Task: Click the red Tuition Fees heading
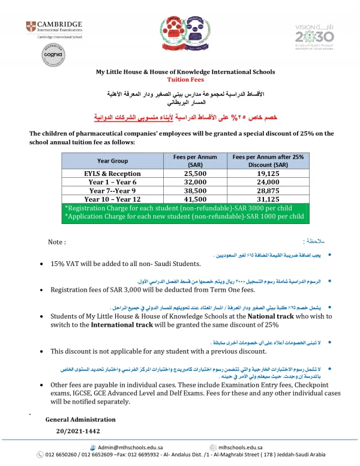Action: coord(185,79)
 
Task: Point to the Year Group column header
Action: coord(112,161)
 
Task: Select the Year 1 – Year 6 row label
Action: coord(112,181)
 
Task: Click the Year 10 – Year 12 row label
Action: coord(112,199)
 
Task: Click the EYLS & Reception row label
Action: coord(112,173)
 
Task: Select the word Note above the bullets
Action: coord(56,242)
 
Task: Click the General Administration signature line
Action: coord(80,419)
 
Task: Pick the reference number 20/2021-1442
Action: coord(78,431)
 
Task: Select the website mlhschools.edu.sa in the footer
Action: coord(240,447)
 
